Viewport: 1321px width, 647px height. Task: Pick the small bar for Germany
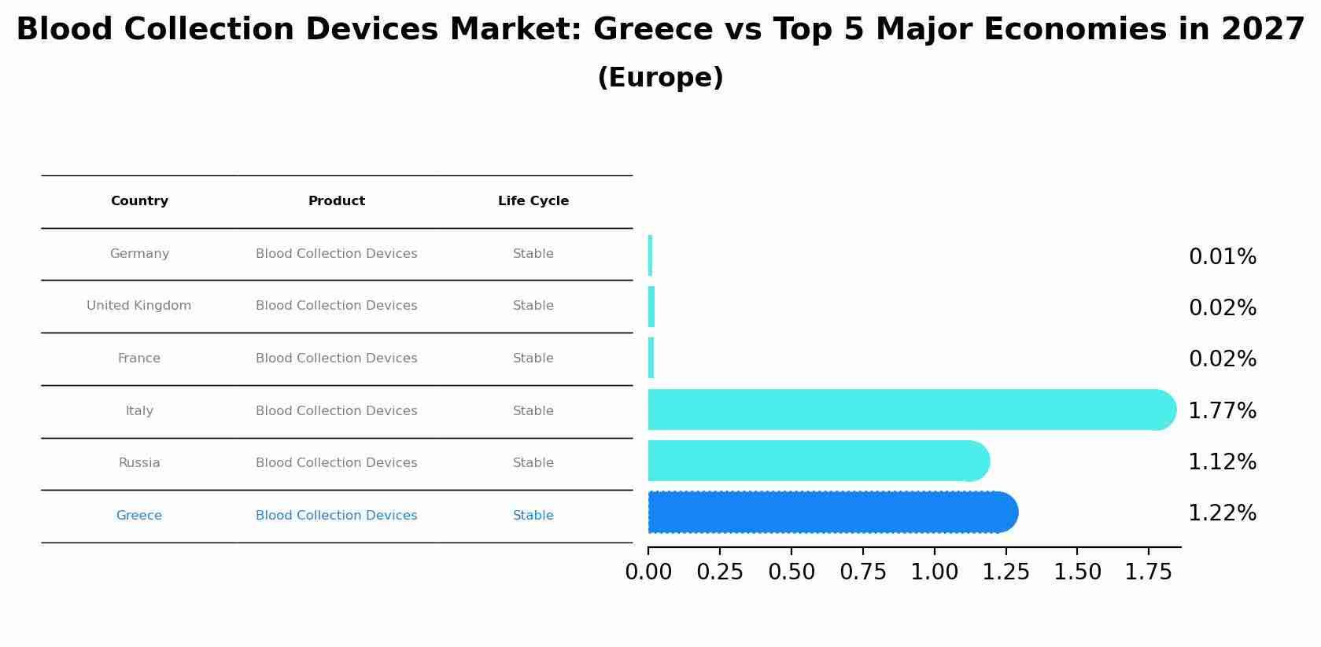[x=651, y=255]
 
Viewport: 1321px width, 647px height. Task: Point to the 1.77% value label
[x=1222, y=411]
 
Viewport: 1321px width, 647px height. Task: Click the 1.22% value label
[x=1222, y=513]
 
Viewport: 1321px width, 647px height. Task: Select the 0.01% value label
[x=1222, y=257]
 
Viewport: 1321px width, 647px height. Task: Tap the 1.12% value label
[x=1222, y=462]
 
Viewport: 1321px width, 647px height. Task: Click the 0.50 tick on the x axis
[x=791, y=572]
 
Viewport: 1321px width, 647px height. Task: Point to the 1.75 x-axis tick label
[x=1149, y=572]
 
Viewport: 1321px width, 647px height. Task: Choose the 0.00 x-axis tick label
[x=648, y=572]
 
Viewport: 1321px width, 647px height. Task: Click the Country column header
[x=139, y=201]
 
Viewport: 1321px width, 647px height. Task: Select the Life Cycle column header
[x=533, y=201]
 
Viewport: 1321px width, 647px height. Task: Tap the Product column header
[x=337, y=201]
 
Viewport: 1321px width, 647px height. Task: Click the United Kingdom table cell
[x=139, y=306]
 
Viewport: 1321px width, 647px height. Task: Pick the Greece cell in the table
[x=139, y=516]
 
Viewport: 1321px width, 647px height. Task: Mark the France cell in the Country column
[x=139, y=358]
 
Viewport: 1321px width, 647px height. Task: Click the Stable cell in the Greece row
[x=533, y=516]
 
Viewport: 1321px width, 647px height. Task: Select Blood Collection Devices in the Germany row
[x=337, y=254]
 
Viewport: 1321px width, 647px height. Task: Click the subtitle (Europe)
[x=660, y=78]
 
